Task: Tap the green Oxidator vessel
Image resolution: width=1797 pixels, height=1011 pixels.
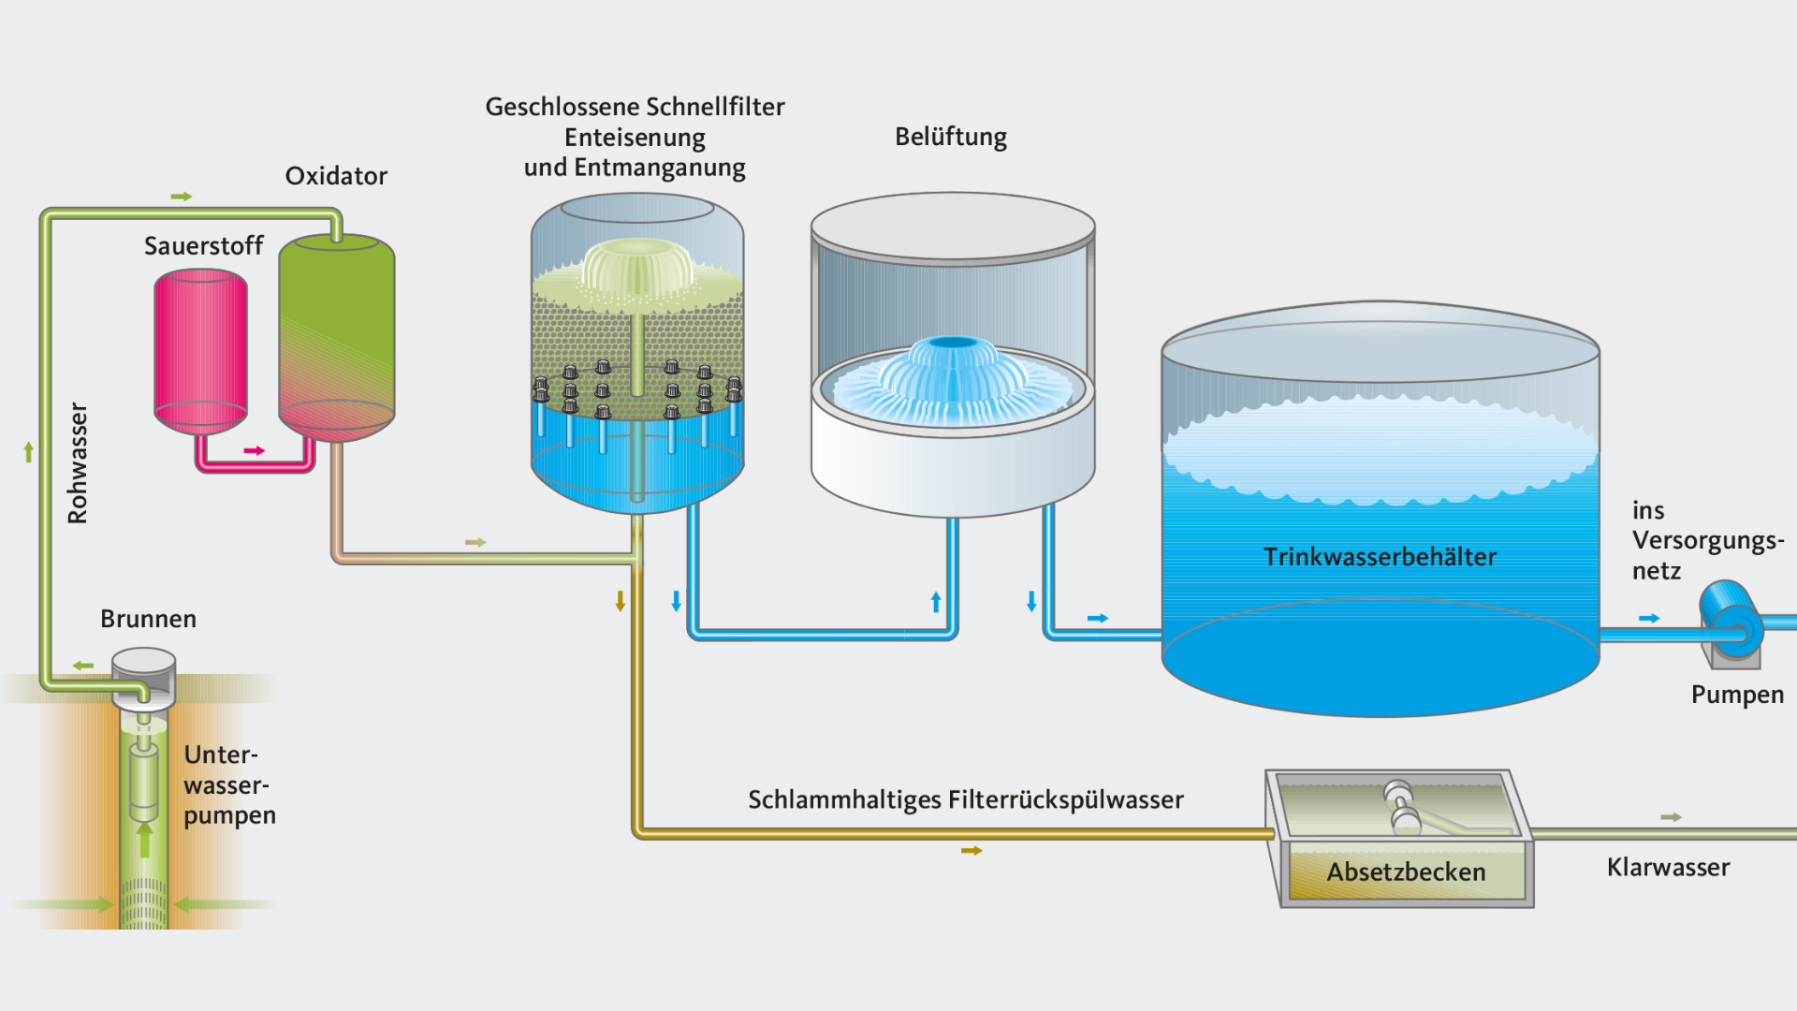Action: click(x=336, y=337)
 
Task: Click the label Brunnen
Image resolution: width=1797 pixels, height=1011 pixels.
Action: click(x=148, y=619)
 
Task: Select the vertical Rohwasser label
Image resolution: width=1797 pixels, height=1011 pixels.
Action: click(x=78, y=463)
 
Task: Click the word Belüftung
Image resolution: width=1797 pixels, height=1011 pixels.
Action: click(x=950, y=137)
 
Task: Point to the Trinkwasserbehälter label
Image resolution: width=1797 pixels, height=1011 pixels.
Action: click(x=1380, y=557)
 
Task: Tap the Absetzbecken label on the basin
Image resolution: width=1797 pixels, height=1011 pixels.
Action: click(x=1406, y=872)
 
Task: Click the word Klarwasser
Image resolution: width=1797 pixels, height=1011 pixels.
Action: click(x=1668, y=867)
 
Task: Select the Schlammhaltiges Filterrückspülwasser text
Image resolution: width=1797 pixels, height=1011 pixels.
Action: click(x=965, y=799)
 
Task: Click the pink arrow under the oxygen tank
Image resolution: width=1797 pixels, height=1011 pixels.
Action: click(x=254, y=451)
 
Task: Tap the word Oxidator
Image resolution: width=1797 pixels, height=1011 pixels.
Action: click(x=335, y=176)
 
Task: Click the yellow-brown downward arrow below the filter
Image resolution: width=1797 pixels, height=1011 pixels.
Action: click(x=620, y=601)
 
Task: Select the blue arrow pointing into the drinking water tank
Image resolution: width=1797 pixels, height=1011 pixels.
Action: click(x=1098, y=618)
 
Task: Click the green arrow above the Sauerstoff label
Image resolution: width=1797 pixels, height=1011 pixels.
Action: click(x=182, y=197)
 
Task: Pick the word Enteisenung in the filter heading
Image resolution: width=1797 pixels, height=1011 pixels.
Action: click(x=635, y=138)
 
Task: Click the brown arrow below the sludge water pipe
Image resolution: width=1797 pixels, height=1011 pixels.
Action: click(x=972, y=851)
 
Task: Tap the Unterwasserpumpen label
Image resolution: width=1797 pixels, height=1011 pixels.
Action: click(x=228, y=784)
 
